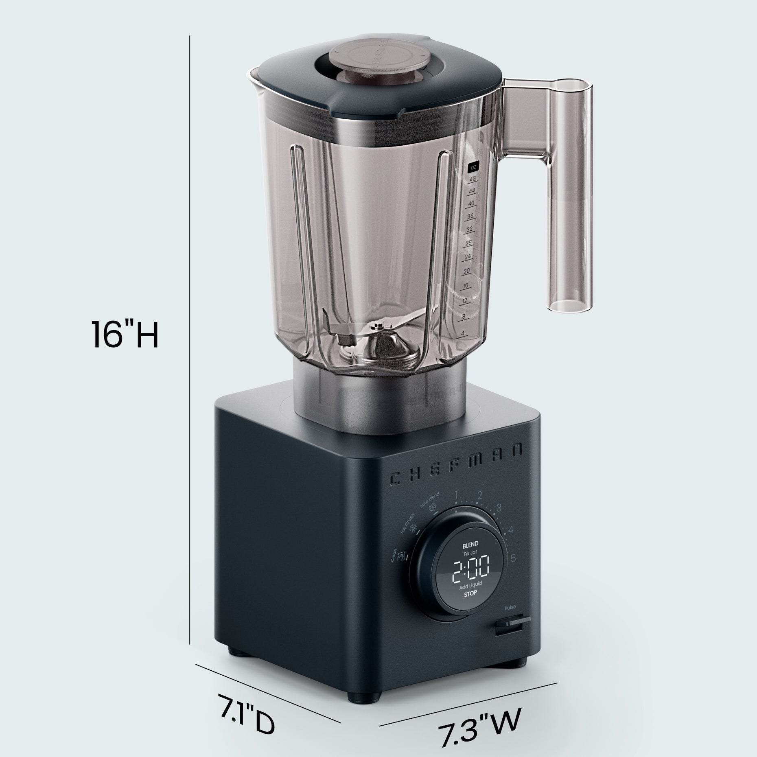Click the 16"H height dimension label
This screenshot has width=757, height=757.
[124, 335]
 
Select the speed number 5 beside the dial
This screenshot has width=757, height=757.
[513, 558]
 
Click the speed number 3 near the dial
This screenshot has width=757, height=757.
[499, 509]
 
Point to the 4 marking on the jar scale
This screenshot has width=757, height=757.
[463, 333]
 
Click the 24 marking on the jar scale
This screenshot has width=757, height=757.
[467, 256]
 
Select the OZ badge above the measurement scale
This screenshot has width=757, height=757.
[473, 167]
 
